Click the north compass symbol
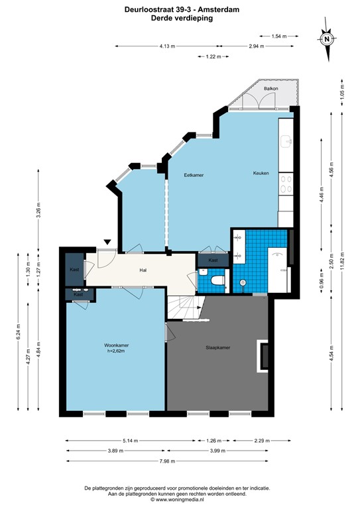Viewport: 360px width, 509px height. (328, 38)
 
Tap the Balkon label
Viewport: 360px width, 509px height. (270, 88)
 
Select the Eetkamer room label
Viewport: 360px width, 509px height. (194, 174)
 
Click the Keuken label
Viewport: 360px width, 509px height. (261, 173)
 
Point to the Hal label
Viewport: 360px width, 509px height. (143, 270)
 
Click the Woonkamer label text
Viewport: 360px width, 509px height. (115, 345)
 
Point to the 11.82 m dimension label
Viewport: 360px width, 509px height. (342, 252)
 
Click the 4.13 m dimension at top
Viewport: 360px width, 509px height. (166, 46)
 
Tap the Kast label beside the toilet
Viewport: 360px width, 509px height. (213, 260)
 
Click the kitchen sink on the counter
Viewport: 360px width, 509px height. (286, 141)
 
